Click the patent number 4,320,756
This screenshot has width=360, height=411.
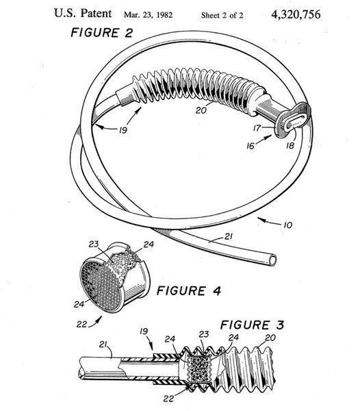pos(296,14)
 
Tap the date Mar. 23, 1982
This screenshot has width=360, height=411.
pos(149,14)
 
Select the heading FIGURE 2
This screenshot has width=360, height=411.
pos(102,33)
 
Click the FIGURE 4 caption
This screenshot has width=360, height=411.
pos(188,291)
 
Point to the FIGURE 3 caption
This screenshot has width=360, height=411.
pos(252,325)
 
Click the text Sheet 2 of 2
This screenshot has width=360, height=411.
pos(222,15)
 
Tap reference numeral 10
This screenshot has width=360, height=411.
pos(287,225)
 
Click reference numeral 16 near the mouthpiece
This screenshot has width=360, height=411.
pos(250,146)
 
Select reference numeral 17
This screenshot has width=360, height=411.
pos(257,128)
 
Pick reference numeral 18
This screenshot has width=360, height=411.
pos(290,145)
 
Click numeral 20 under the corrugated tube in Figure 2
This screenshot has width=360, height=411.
pos(201,110)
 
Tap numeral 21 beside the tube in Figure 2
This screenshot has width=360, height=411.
pos(228,237)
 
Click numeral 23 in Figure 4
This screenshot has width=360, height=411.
pos(94,245)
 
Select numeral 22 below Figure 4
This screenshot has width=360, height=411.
pos(81,324)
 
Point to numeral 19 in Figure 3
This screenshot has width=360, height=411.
pos(144,331)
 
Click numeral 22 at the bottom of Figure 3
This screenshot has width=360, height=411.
pos(168,399)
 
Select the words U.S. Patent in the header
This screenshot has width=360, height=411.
pos(83,14)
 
